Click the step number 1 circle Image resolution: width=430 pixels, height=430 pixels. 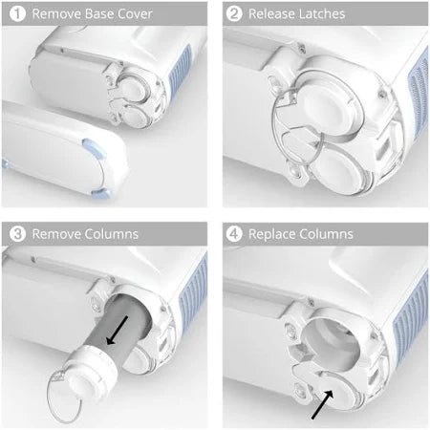(16, 14)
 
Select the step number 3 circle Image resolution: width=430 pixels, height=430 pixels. (16, 234)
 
